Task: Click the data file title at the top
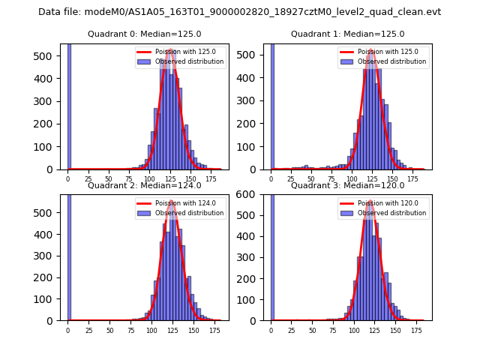point(239,12)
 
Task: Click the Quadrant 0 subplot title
point(144,34)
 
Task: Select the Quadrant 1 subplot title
point(347,34)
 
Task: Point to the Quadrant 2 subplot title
point(144,185)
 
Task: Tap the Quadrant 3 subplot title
point(347,185)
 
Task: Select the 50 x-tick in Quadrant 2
point(109,330)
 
